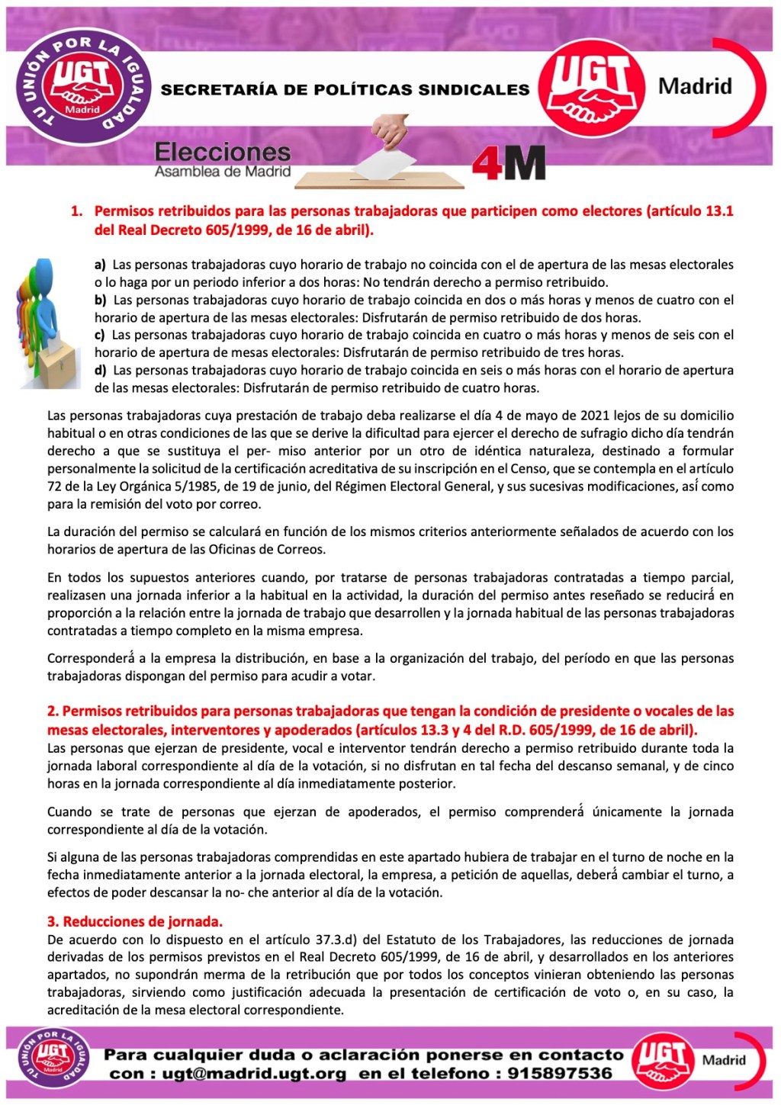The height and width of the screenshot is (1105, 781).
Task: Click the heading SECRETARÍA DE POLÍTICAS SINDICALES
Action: click(x=345, y=90)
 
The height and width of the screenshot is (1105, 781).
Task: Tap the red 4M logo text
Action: click(x=508, y=162)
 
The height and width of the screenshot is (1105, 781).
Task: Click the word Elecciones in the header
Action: click(x=222, y=152)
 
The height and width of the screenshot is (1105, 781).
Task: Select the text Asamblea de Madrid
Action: click(x=222, y=172)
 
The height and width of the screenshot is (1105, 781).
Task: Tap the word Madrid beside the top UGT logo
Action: click(x=695, y=86)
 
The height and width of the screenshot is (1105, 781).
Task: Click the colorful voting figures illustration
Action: click(x=47, y=323)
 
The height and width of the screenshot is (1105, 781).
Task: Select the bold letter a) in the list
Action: click(x=100, y=265)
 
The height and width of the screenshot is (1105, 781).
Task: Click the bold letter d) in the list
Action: click(x=100, y=371)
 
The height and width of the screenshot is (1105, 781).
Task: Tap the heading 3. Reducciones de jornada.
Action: click(x=135, y=921)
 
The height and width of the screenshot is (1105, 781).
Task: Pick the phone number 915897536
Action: click(x=560, y=1074)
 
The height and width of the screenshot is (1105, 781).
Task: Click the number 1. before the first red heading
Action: click(x=76, y=211)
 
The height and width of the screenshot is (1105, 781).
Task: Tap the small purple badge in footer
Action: click(x=53, y=1057)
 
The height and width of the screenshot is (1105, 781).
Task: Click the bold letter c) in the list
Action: click(x=99, y=336)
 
